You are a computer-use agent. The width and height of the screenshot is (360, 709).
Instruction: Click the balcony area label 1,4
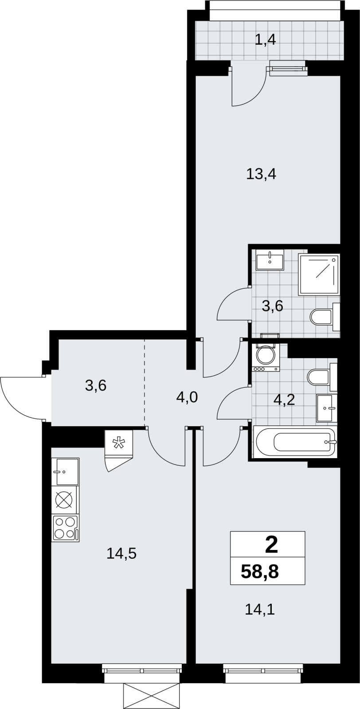tap(266, 40)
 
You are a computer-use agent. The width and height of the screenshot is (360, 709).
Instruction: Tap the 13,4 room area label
tap(261, 175)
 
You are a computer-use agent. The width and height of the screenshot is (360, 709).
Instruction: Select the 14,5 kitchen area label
tap(121, 553)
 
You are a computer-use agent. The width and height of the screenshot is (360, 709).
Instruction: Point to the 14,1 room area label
tap(260, 609)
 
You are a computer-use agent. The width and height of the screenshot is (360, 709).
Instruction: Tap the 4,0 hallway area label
tap(187, 397)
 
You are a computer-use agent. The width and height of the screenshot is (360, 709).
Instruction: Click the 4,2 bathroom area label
tap(284, 400)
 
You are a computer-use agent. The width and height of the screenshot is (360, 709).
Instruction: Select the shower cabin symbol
tap(319, 274)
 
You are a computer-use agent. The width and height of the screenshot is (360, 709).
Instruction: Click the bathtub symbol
tap(295, 441)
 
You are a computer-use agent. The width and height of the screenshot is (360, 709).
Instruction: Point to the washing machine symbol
tap(266, 358)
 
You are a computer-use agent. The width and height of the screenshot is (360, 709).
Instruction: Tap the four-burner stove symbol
tap(66, 528)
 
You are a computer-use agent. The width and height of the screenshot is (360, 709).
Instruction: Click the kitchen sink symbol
tap(65, 471)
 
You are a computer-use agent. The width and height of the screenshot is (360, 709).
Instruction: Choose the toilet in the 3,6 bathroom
tap(325, 316)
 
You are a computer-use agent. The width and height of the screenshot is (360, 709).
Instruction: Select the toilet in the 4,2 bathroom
tap(322, 377)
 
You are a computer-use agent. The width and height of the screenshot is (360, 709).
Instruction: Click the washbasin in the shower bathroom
tap(270, 260)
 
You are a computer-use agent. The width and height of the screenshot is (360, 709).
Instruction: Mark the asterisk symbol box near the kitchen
tap(118, 444)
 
